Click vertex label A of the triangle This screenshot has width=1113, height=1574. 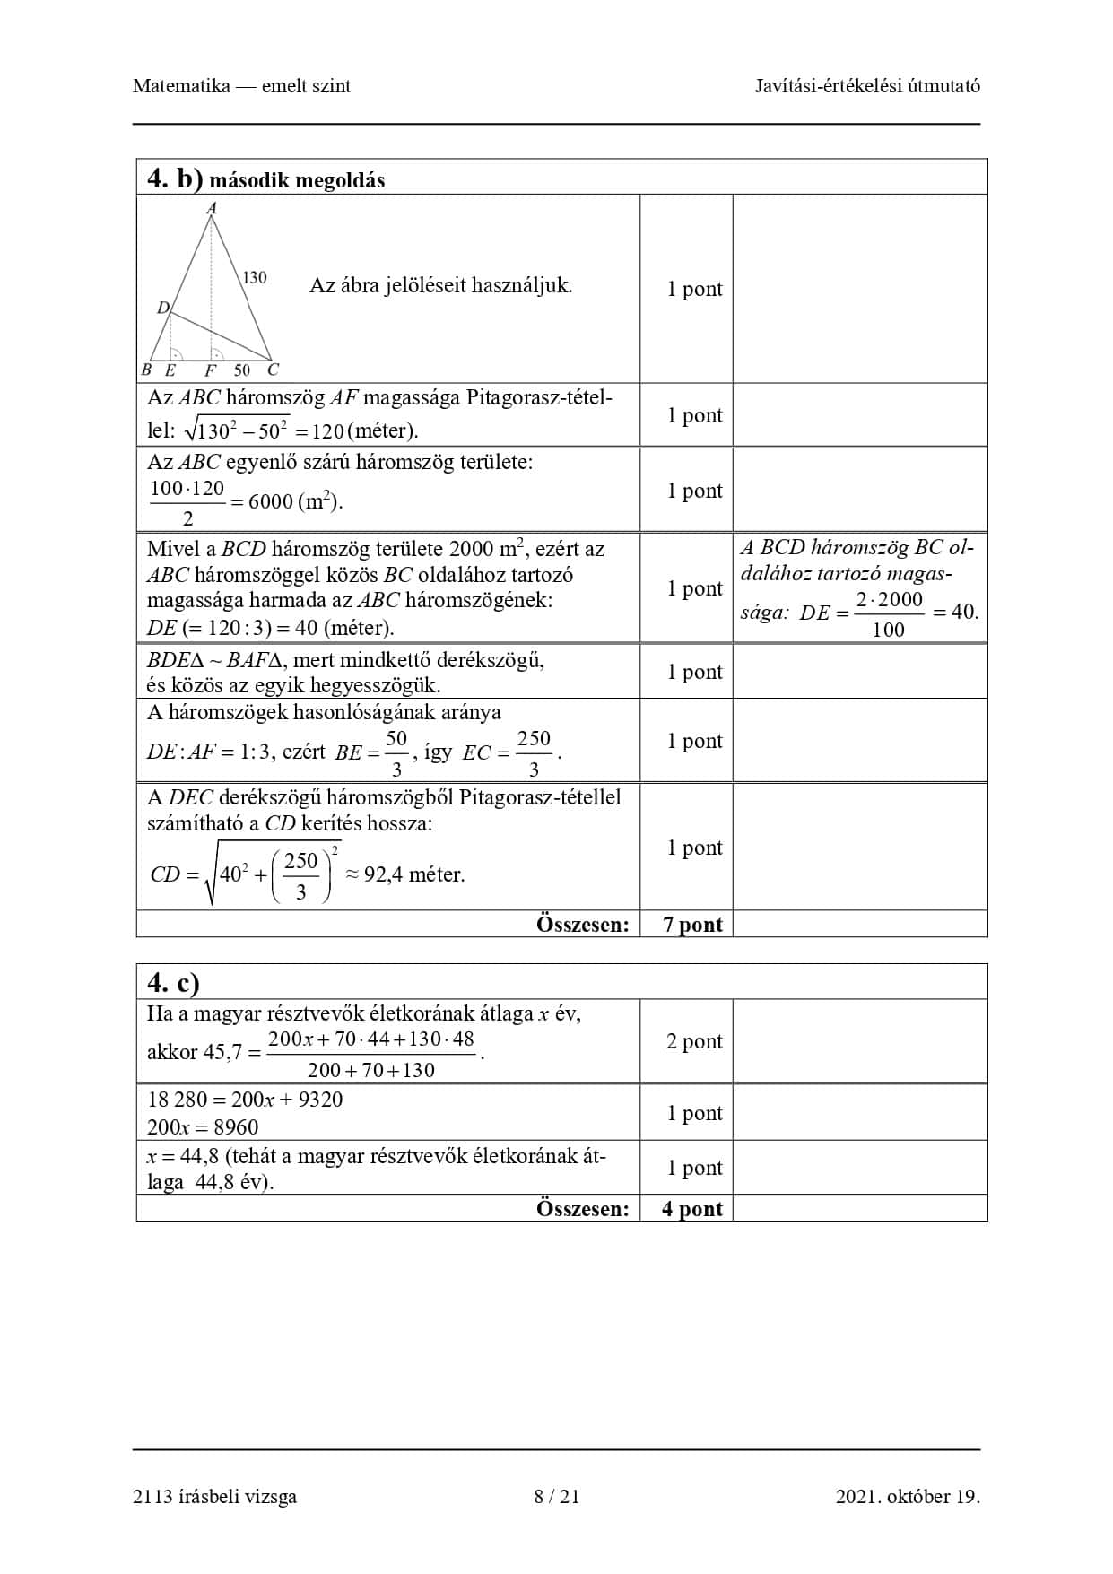tap(212, 209)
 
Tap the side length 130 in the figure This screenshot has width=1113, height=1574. tap(255, 277)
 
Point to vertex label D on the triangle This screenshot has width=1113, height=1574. tap(163, 308)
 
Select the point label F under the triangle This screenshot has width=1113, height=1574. tap(211, 370)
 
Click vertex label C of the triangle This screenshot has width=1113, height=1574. tap(273, 370)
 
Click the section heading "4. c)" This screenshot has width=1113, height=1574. tap(173, 984)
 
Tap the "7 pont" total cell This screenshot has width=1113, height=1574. tap(692, 925)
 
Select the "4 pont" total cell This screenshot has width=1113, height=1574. tap(692, 1209)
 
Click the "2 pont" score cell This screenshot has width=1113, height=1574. tap(694, 1041)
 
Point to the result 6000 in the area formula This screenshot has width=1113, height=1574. tap(271, 501)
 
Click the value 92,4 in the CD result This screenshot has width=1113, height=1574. tap(383, 874)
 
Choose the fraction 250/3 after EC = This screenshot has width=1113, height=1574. tap(534, 753)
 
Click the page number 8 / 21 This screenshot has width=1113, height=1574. tap(556, 1496)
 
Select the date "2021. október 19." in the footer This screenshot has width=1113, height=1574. tap(908, 1496)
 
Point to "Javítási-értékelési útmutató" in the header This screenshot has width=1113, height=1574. tap(867, 86)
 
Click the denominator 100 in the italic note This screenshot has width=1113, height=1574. tap(888, 630)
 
